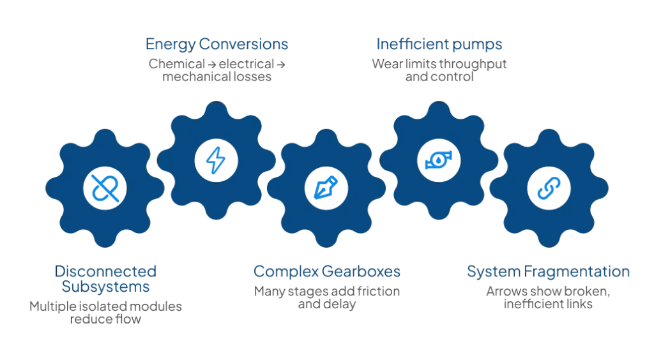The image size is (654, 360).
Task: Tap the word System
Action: coord(493,271)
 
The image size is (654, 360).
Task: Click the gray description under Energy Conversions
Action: coord(217,69)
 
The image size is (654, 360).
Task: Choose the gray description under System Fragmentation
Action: coord(549,296)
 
